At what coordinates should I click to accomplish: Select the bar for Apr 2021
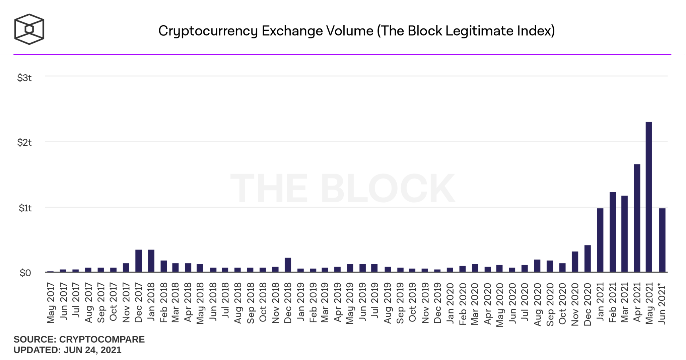pyautogui.click(x=637, y=218)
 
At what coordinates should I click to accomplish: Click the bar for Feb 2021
pyautogui.click(x=613, y=232)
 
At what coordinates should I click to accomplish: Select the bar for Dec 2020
pyautogui.click(x=587, y=258)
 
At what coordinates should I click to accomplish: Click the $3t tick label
pyautogui.click(x=24, y=78)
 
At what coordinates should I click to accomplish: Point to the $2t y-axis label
pyautogui.click(x=24, y=143)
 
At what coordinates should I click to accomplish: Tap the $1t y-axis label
pyautogui.click(x=25, y=208)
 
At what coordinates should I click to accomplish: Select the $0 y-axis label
pyautogui.click(x=25, y=273)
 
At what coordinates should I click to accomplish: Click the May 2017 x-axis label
pyautogui.click(x=51, y=303)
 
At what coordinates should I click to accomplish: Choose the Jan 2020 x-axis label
pyautogui.click(x=450, y=303)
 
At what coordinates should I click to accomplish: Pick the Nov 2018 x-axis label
pyautogui.click(x=276, y=303)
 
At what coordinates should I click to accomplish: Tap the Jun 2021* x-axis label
pyautogui.click(x=662, y=304)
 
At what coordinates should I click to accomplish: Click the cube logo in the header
pyautogui.click(x=29, y=29)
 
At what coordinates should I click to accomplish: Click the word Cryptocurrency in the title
pyautogui.click(x=208, y=31)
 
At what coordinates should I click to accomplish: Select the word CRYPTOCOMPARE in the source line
pyautogui.click(x=102, y=339)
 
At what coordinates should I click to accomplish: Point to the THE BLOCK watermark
pyautogui.click(x=342, y=189)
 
